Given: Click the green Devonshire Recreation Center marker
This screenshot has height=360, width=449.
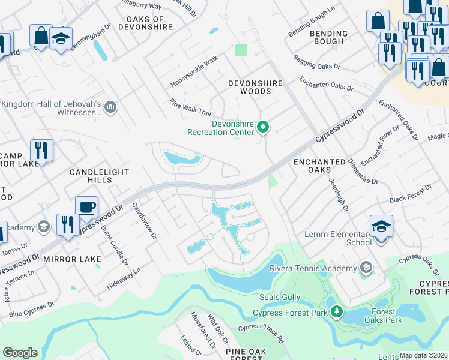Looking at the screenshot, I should (x=262, y=127).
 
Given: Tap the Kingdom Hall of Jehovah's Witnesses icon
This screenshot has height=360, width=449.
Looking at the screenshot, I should (x=110, y=107).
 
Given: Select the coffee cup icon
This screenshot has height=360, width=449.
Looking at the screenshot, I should (x=87, y=208).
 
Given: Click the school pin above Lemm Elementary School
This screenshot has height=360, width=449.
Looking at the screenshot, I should (x=381, y=227).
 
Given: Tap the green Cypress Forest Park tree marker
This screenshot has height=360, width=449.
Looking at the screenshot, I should (x=337, y=312).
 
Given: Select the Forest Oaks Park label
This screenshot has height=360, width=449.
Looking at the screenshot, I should (x=383, y=316).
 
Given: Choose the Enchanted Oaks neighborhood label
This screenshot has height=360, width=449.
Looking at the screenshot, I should (x=319, y=166).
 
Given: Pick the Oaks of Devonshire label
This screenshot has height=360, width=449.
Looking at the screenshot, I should (x=146, y=23).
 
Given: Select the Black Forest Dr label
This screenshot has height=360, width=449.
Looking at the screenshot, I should (x=410, y=193).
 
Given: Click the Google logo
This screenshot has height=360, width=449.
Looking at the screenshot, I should (x=20, y=353).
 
